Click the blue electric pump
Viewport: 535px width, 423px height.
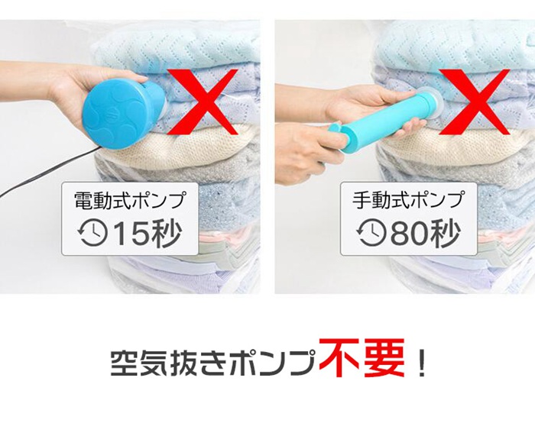[x=120, y=115]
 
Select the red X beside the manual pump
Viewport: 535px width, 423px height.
[x=475, y=102]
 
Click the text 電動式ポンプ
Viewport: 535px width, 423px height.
[x=131, y=200]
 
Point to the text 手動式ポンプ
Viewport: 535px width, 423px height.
[x=409, y=200]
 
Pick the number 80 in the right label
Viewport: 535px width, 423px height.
[x=409, y=233]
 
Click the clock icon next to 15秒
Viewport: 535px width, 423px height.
[x=92, y=234]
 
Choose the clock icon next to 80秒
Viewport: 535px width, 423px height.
[x=371, y=234]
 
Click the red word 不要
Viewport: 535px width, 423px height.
[x=362, y=357]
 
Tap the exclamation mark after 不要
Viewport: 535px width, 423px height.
[x=423, y=363]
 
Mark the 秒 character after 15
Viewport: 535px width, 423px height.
[x=166, y=233]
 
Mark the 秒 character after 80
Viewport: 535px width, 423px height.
[x=444, y=233]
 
